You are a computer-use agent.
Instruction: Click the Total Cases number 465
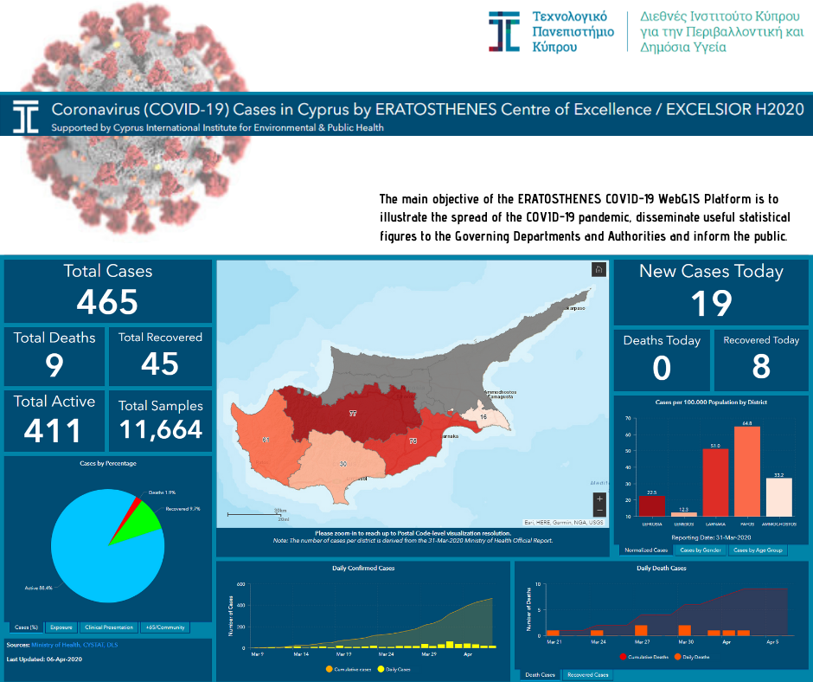[x=107, y=301]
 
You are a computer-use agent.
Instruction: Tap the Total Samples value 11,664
[x=160, y=429]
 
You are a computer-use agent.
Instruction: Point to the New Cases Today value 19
[x=711, y=304]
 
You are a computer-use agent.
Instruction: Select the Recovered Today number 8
[x=761, y=367]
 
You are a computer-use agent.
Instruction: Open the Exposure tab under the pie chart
[x=61, y=627]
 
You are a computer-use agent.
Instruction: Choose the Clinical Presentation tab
[x=110, y=627]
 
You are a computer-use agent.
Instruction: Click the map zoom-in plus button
[x=599, y=499]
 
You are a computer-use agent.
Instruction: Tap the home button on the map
[x=599, y=269]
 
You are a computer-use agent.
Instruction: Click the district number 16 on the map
[x=483, y=417]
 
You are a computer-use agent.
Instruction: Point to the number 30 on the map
[x=343, y=465]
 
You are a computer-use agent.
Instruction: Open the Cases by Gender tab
[x=700, y=550]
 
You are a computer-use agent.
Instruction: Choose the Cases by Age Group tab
[x=757, y=550]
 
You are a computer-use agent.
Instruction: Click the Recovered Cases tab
[x=587, y=674]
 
